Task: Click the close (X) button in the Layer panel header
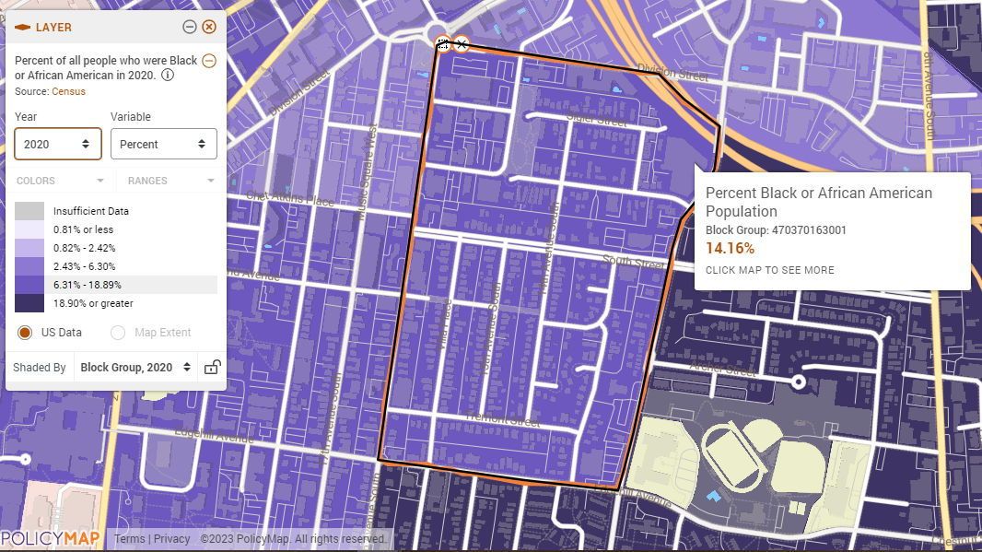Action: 209,27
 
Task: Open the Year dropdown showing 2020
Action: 57,144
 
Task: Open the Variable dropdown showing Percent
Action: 163,144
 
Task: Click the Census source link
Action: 68,91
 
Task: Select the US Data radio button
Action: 25,333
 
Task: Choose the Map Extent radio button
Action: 118,333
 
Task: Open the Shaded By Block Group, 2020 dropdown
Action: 135,367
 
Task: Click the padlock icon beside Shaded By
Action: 212,367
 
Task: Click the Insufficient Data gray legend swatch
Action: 29,211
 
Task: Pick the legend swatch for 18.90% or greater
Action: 29,303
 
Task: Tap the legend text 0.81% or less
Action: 83,229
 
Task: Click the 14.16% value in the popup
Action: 730,248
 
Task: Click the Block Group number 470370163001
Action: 809,230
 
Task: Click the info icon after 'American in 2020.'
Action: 168,76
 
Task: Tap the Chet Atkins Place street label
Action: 290,199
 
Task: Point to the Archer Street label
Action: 722,369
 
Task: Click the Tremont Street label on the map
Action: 502,420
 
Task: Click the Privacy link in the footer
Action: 171,539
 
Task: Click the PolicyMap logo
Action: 50,539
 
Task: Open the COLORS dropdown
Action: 61,181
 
